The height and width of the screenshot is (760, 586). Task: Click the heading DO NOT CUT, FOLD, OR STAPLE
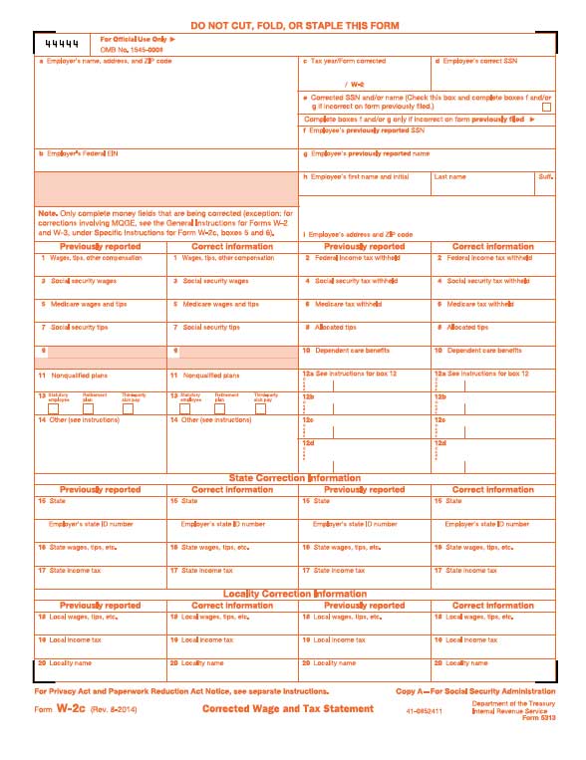[x=292, y=24]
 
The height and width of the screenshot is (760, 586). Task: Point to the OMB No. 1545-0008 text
[x=131, y=49]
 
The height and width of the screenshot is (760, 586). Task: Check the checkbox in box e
[x=546, y=107]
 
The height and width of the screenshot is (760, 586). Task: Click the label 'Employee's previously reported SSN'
[x=367, y=130]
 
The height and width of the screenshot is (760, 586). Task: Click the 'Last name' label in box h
[x=449, y=177]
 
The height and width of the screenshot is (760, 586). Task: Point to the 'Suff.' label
[x=545, y=177]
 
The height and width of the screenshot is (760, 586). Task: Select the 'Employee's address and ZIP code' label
[x=360, y=234]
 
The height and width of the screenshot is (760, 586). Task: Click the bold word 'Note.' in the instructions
[x=47, y=213]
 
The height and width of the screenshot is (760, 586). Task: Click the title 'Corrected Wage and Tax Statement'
[x=288, y=709]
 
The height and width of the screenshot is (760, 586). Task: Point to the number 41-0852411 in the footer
[x=425, y=711]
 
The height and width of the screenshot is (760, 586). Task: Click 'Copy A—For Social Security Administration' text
[x=474, y=691]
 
